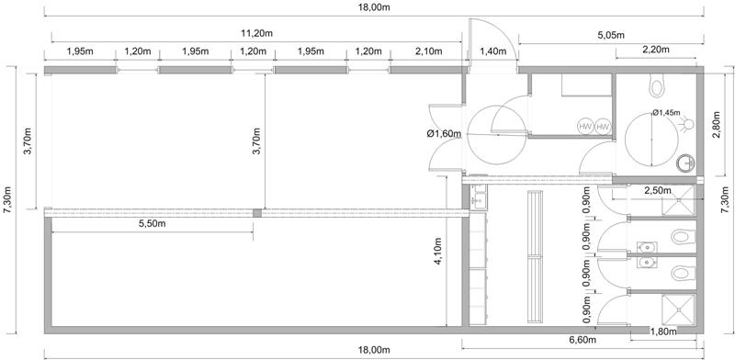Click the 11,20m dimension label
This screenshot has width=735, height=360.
[x=256, y=34]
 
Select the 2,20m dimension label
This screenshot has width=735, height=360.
[x=656, y=50]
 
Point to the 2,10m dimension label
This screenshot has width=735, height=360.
[x=428, y=51]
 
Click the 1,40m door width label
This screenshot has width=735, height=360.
[x=492, y=51]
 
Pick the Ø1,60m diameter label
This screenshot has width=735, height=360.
[x=444, y=134]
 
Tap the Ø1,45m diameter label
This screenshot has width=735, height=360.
[x=666, y=112]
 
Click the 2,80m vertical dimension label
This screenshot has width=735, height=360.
[x=716, y=125]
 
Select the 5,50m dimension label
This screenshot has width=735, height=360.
[x=153, y=223]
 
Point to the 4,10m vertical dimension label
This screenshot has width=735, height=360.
[x=438, y=252]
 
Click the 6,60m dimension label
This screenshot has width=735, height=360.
[x=582, y=340]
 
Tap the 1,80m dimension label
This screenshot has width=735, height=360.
[x=663, y=332]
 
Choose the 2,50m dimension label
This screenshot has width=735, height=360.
[x=658, y=190]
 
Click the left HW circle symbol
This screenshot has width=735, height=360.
[x=585, y=127]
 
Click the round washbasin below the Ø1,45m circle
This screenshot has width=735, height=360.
[x=685, y=163]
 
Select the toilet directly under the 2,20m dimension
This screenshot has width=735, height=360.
[x=657, y=85]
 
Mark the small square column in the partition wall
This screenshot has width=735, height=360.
[x=257, y=213]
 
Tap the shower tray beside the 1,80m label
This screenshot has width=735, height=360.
[x=678, y=309]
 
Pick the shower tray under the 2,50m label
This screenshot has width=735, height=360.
[x=678, y=200]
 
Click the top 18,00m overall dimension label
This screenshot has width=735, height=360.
[x=374, y=7]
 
